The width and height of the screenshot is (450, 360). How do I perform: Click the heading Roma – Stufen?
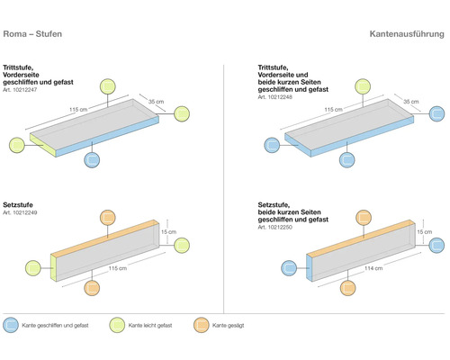pos(36,34)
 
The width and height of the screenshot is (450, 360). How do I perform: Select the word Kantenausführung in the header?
pos(406,34)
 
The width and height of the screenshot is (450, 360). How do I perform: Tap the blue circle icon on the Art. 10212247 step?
pos(92,159)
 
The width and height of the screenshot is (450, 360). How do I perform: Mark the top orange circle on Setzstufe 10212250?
pos(361,219)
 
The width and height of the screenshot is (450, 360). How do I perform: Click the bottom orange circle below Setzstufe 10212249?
pos(92,288)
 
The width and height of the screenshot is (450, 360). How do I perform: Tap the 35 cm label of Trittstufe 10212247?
pos(156,103)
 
